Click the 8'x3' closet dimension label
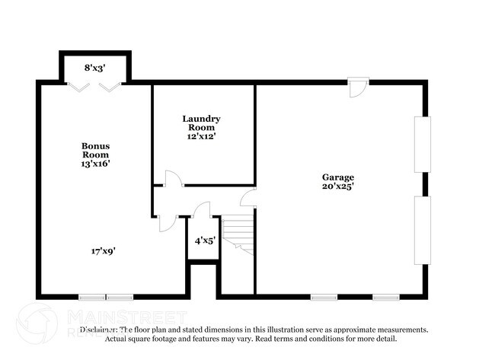coord(95,68)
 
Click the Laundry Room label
coord(202,123)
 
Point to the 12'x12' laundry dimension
coord(202,138)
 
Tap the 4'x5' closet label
coord(204,241)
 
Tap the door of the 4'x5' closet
coord(202,211)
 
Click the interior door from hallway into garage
coord(248,199)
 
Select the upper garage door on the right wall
coord(421,144)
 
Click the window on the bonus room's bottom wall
coord(106,296)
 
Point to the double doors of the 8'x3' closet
coord(95,87)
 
